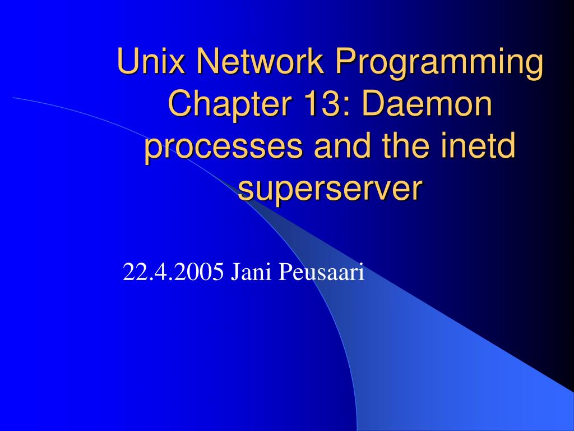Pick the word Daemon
[x=427, y=103]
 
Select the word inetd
[x=479, y=145]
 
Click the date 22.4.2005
[x=173, y=272]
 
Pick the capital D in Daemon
[x=373, y=103]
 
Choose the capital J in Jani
[x=234, y=272]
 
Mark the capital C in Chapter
[x=180, y=103]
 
